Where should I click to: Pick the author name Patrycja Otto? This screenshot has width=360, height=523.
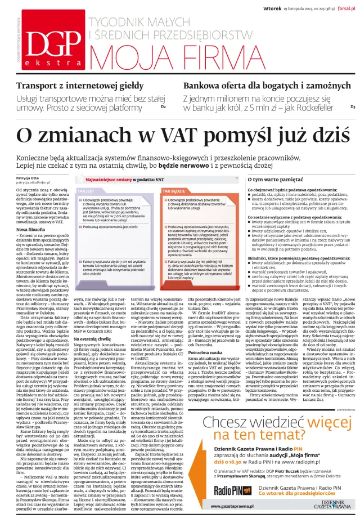tap(29, 177)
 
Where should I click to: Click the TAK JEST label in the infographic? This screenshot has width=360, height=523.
tap(86, 190)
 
